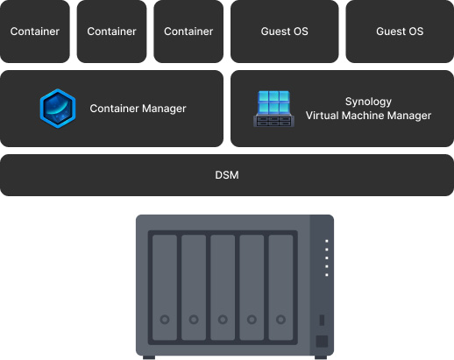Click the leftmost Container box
click(35, 32)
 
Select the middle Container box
click(111, 32)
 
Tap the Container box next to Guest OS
click(188, 32)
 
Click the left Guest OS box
click(285, 32)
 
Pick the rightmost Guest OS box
click(400, 32)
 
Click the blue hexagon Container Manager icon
click(58, 109)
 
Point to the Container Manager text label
click(138, 109)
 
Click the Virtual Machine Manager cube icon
click(273, 109)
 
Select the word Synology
click(368, 102)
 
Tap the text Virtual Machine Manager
click(368, 116)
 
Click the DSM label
click(227, 175)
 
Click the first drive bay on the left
click(165, 287)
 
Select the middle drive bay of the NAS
click(223, 287)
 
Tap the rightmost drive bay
click(280, 287)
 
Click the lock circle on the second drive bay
click(194, 319)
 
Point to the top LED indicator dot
click(327, 241)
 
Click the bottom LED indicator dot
click(327, 275)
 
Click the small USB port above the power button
click(322, 320)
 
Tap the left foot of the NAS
click(149, 357)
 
